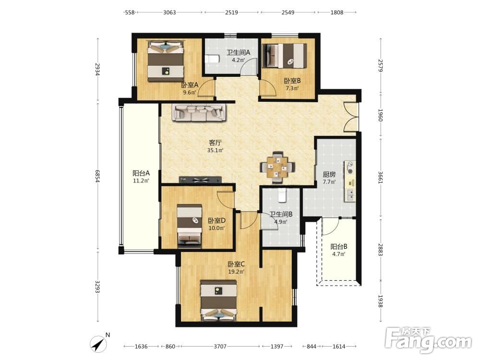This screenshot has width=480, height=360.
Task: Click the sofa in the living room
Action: tap(199, 113)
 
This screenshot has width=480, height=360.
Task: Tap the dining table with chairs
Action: tap(277, 168)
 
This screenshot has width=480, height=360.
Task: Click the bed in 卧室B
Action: tap(284, 56)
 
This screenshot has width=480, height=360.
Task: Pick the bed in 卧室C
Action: tap(218, 301)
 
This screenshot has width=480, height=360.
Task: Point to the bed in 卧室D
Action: tap(190, 226)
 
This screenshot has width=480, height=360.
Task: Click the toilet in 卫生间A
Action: tap(212, 59)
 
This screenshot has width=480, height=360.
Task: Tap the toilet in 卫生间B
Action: tap(282, 196)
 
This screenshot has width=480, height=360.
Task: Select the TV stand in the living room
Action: tap(201, 180)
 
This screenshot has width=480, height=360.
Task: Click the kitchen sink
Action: tap(350, 194)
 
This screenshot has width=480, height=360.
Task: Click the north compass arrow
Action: tap(98, 344)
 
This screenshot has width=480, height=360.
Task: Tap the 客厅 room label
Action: tap(215, 143)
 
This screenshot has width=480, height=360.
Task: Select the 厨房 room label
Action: tap(329, 175)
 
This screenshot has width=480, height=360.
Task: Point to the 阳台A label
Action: tap(141, 173)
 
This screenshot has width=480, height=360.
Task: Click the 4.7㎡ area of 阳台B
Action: tap(339, 254)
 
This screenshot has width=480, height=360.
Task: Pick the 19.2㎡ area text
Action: tap(236, 272)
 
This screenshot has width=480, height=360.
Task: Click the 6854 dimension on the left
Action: tap(97, 176)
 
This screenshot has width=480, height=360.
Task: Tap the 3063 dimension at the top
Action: tap(169, 12)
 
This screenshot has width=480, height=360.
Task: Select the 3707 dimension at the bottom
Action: tap(220, 347)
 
